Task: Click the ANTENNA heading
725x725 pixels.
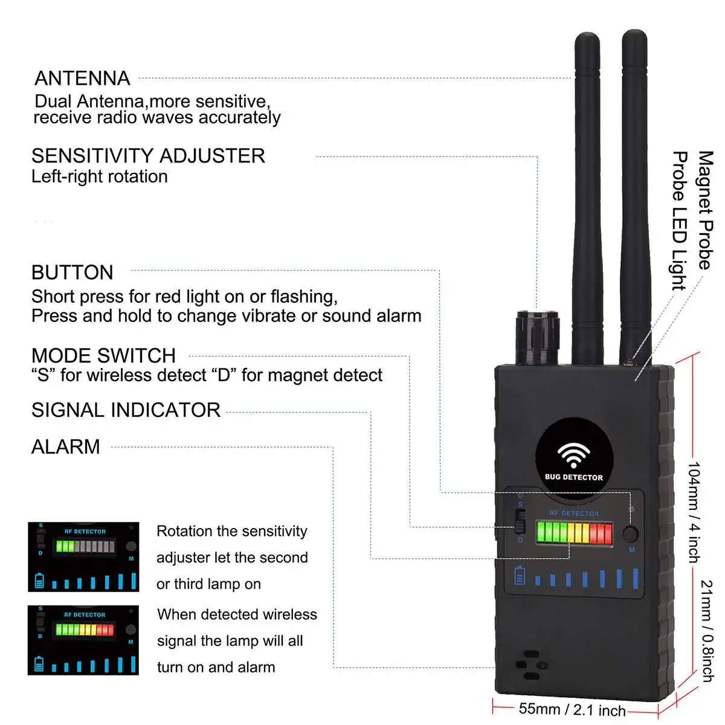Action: (82, 79)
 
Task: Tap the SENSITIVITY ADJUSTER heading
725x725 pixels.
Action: (148, 156)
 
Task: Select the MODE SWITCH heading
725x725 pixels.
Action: (103, 355)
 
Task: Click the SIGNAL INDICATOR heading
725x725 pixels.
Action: (126, 410)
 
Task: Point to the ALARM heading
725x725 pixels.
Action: (65, 447)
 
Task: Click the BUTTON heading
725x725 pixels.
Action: (72, 272)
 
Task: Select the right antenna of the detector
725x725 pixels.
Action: (634, 199)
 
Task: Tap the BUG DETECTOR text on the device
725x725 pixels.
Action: (573, 477)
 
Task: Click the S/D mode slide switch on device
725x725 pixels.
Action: (520, 521)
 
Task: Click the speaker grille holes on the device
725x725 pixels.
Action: (530, 665)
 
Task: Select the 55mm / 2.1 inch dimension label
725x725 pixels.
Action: (572, 709)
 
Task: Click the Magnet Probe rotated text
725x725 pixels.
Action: (705, 210)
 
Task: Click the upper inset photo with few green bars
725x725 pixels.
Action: (83, 556)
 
